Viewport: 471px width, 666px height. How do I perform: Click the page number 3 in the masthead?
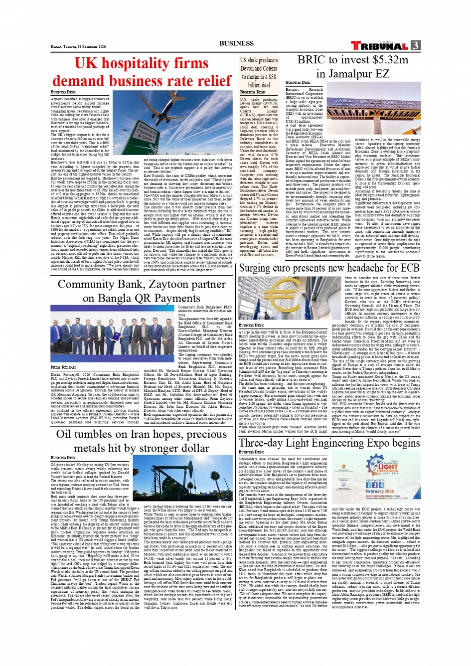(415, 45)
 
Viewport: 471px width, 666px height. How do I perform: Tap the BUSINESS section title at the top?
(236, 43)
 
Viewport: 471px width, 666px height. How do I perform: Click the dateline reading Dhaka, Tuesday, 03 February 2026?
(78, 46)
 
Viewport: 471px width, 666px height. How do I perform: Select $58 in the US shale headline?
(272, 77)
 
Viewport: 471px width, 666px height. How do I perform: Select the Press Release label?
(63, 367)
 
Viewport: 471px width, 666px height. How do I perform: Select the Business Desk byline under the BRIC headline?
(298, 83)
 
